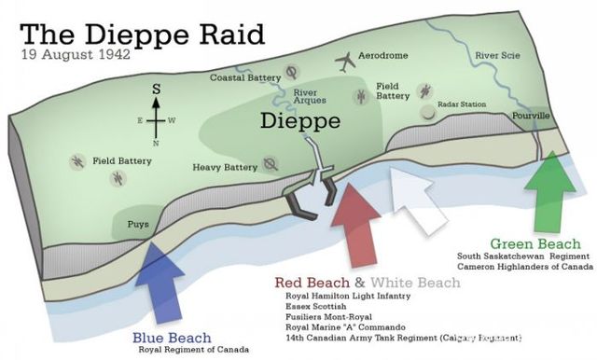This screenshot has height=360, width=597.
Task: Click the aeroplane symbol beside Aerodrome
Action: coord(346,62)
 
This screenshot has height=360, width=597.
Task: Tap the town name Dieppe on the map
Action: coord(300,121)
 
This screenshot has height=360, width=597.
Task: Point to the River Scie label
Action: coord(496,55)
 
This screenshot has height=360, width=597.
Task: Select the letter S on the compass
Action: coord(157,89)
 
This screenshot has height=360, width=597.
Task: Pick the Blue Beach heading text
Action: coord(172,337)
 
